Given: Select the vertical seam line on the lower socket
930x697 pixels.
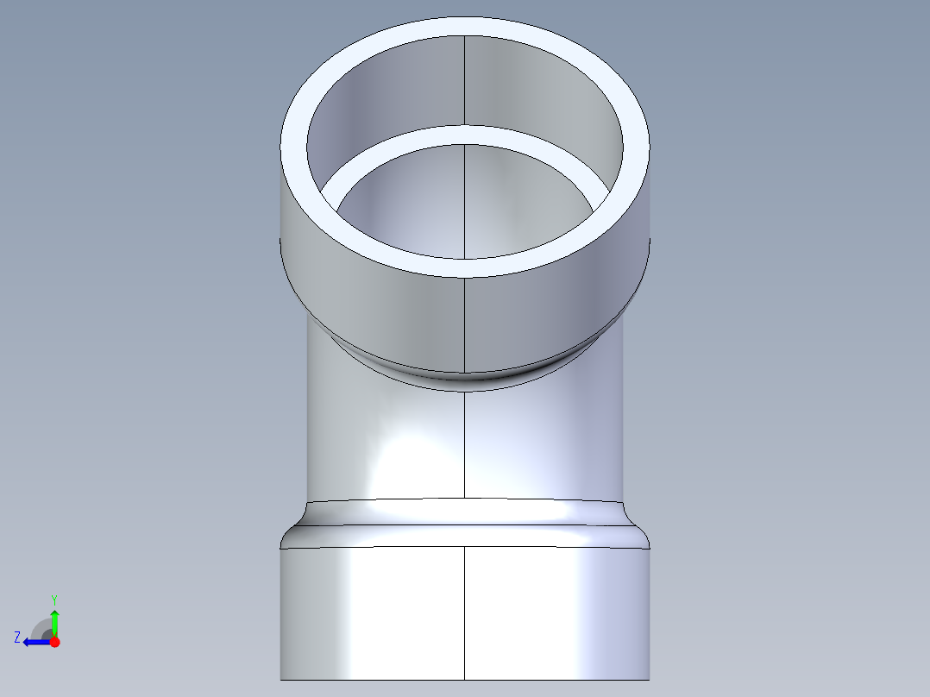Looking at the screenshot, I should tap(465, 612).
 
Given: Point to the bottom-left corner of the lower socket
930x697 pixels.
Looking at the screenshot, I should tap(281, 678).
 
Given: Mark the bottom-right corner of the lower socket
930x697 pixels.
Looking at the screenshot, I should tap(649, 678).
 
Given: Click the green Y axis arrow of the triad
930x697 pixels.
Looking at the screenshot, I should tap(54, 619).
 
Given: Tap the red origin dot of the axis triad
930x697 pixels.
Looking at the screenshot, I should tap(54, 642).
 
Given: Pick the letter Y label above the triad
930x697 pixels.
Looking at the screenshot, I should tap(53, 600).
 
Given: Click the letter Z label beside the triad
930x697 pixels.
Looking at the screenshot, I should tap(17, 637).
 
